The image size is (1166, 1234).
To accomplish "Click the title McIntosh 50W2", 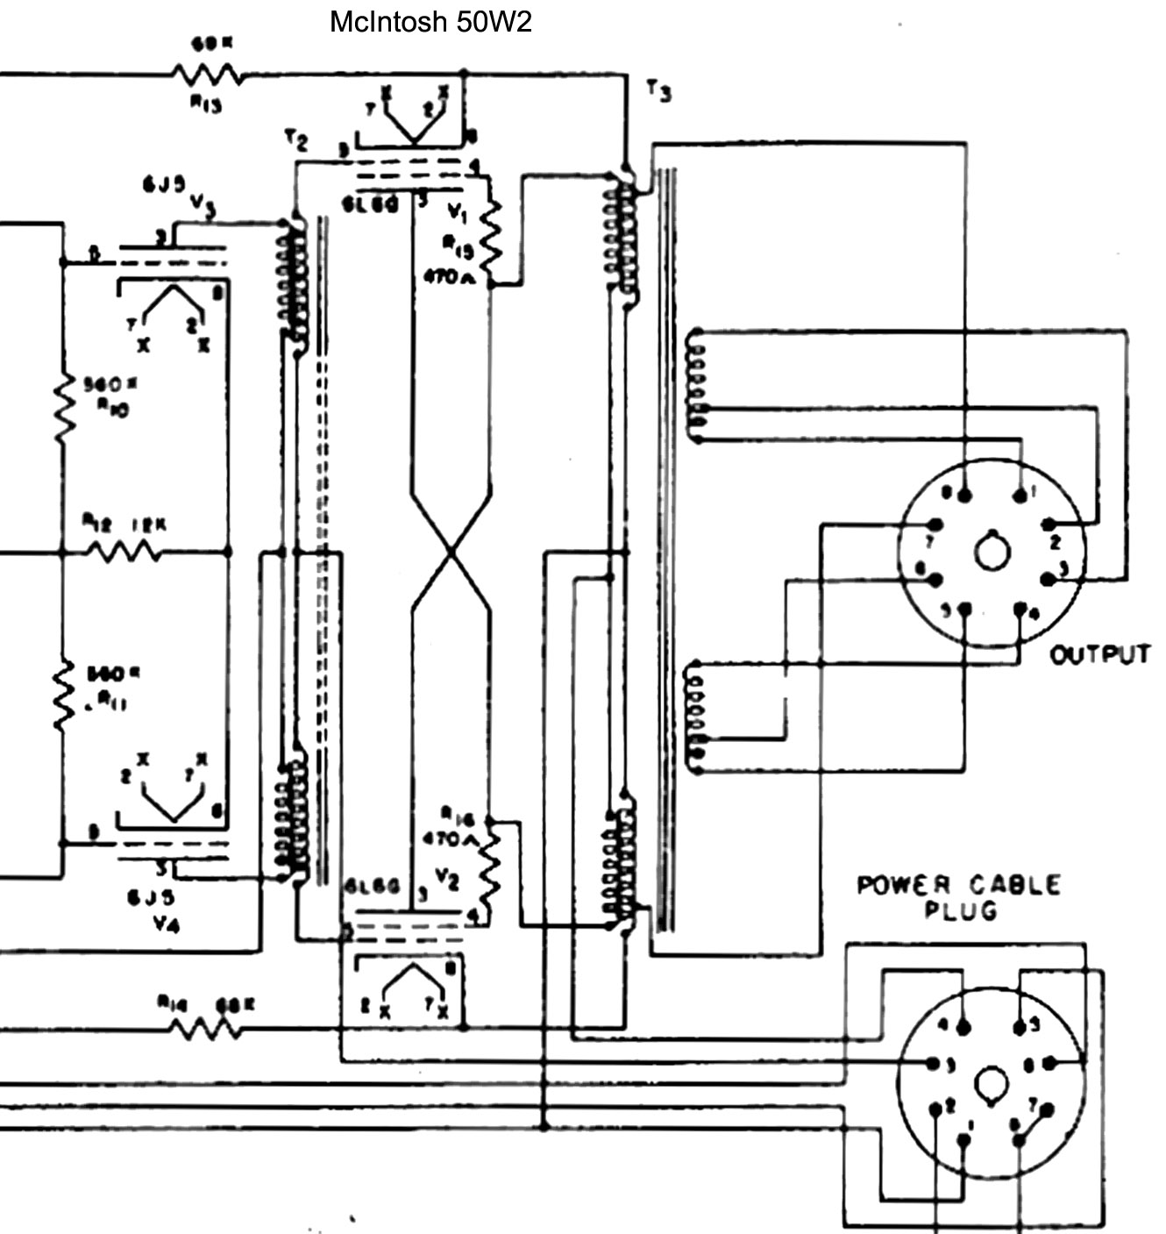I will point(430,22).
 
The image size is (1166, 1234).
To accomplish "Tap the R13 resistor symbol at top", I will point(208,75).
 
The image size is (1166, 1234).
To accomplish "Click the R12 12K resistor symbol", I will point(123,553).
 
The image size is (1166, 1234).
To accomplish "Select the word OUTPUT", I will point(1100,654).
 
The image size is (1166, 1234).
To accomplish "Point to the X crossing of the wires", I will point(451,553).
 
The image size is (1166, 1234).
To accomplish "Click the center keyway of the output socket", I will point(992,552).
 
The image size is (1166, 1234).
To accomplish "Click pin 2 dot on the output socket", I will point(1048,524).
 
